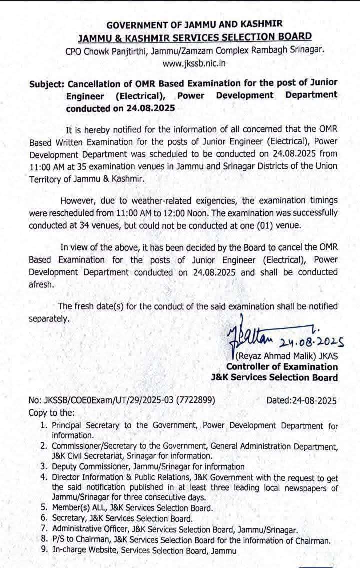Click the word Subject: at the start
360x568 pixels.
pos(46,82)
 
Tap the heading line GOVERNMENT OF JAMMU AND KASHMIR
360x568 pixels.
pos(195,24)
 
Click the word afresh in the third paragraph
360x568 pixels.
pos(41,283)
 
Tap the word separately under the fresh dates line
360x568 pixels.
pos(49,318)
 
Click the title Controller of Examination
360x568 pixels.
pos(282,367)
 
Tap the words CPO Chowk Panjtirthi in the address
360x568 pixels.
pos(105,51)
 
